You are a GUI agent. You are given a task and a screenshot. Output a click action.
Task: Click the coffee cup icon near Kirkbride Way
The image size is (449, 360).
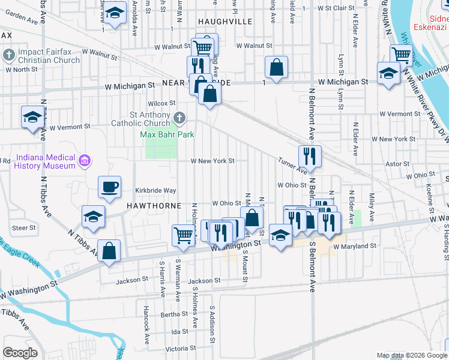109,187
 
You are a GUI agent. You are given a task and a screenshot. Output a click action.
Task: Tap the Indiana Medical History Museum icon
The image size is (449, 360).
85,160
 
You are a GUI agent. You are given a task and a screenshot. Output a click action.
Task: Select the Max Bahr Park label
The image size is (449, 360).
167,134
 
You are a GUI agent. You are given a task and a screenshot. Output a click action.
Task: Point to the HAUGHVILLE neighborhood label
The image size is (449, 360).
225,21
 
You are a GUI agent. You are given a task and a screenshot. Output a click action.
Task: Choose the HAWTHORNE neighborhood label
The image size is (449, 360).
154,205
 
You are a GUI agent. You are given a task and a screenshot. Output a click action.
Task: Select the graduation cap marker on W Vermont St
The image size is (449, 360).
32,117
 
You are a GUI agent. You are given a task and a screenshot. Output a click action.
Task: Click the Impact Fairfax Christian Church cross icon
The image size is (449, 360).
8,55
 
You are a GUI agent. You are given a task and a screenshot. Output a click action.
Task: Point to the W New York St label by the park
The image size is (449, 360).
212,161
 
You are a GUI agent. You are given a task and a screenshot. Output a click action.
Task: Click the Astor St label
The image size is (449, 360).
397,163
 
